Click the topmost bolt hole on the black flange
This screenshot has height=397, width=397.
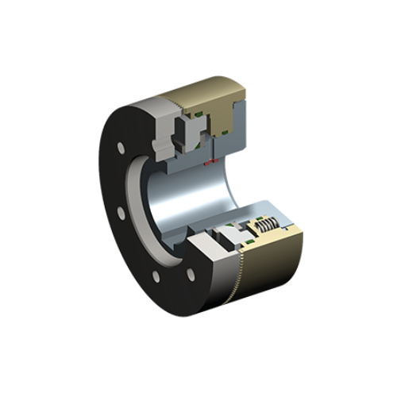[x=120, y=148]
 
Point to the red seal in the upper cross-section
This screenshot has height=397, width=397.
[x=208, y=162]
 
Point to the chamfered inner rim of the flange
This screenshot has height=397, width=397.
[x=139, y=206]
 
